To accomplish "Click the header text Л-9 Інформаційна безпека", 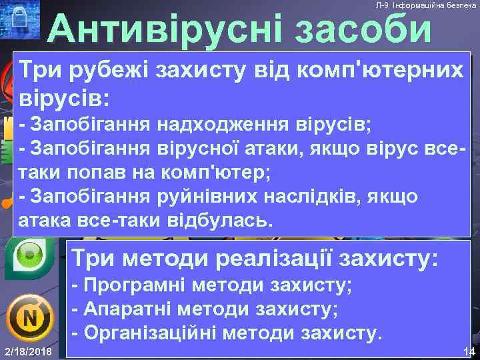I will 425,5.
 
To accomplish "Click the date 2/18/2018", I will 29,351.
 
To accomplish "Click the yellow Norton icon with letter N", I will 29,318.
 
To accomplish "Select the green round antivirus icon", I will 29,255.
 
